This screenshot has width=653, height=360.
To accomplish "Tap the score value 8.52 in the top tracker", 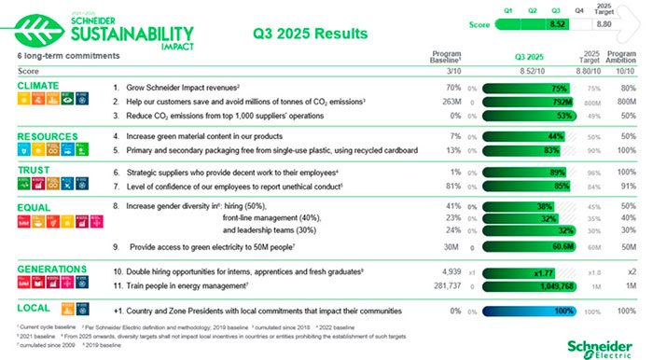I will pos(558,24).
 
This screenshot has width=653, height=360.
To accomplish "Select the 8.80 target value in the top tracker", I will pos(604,24).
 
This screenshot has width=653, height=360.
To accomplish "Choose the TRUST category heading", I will pos(33,171).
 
